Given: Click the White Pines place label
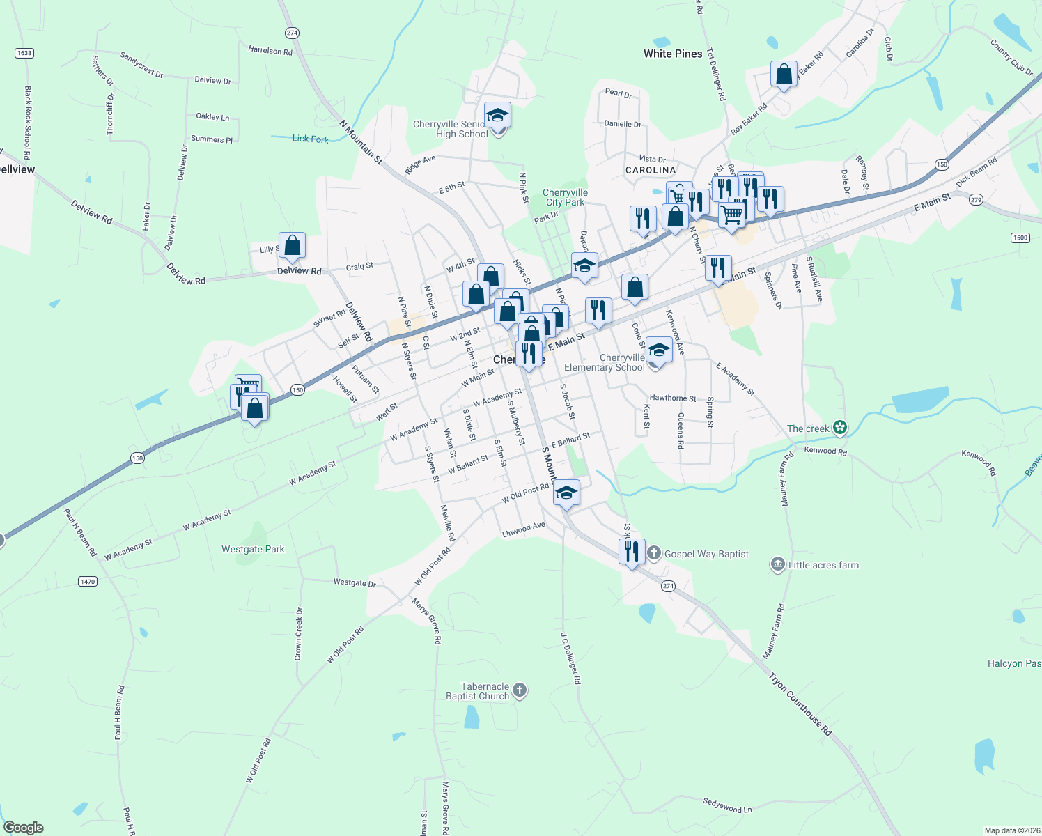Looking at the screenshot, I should (x=673, y=54).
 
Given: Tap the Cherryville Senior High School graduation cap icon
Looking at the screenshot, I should (x=497, y=115).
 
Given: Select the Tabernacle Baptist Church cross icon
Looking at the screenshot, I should (x=520, y=691).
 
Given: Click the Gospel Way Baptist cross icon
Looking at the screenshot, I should (x=653, y=554).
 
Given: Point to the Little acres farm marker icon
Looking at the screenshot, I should (x=778, y=565).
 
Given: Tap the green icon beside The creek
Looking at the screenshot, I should (x=840, y=428).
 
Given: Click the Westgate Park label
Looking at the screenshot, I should (x=253, y=549).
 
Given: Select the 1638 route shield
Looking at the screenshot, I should (x=24, y=53).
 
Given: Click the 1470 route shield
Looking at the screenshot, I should (x=87, y=582).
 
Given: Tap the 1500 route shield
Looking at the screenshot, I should (x=1020, y=238).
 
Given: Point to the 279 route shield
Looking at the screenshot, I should (x=976, y=200).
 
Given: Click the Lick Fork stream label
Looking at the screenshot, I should (x=310, y=139).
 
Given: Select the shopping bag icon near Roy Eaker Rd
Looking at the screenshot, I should (x=784, y=74).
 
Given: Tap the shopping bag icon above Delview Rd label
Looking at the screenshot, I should (x=292, y=245).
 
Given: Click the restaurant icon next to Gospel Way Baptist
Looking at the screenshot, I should (x=631, y=552).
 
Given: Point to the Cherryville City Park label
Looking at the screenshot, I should (x=565, y=197).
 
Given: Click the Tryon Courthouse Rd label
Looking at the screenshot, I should (x=800, y=704).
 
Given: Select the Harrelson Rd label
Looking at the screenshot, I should (x=270, y=50).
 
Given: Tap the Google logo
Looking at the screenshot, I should (x=24, y=828).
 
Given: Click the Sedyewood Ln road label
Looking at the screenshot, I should (x=727, y=806).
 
